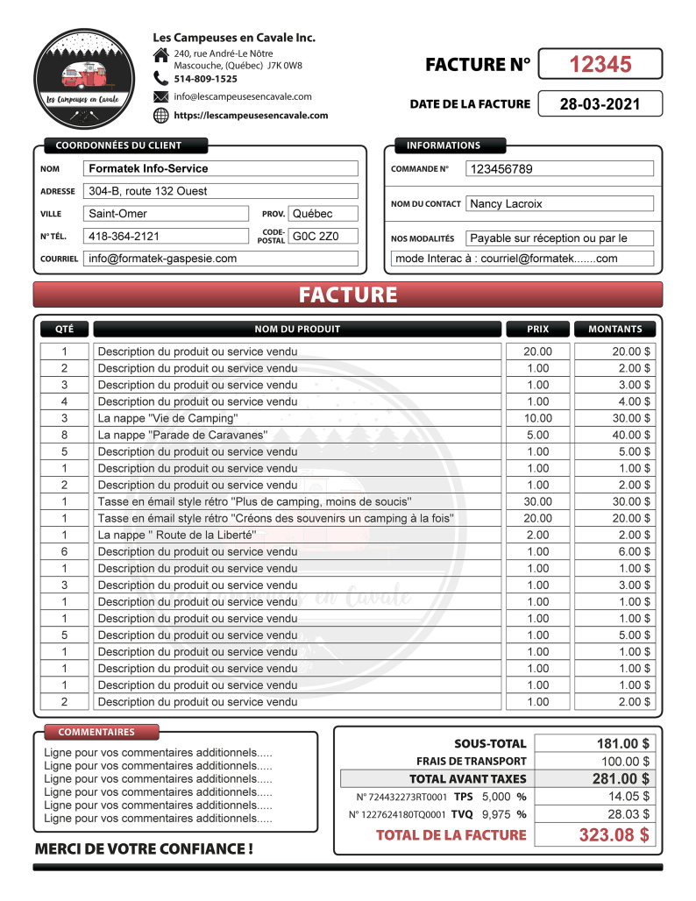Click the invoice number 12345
[x=600, y=64]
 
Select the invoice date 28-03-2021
[x=600, y=104]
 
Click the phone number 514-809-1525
[x=205, y=79]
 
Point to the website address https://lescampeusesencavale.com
[x=251, y=115]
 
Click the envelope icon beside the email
[x=160, y=96]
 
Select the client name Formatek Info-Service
[x=149, y=168]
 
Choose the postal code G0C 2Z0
[x=313, y=236]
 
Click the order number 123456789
[x=501, y=169]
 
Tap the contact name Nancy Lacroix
[x=507, y=203]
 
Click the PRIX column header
[x=537, y=330]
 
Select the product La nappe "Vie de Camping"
[x=167, y=418]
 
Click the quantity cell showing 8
[x=64, y=435]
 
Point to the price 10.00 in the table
[x=537, y=418]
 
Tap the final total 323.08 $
[x=614, y=834]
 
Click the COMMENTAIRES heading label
[x=96, y=732]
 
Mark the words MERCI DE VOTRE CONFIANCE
[x=144, y=848]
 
